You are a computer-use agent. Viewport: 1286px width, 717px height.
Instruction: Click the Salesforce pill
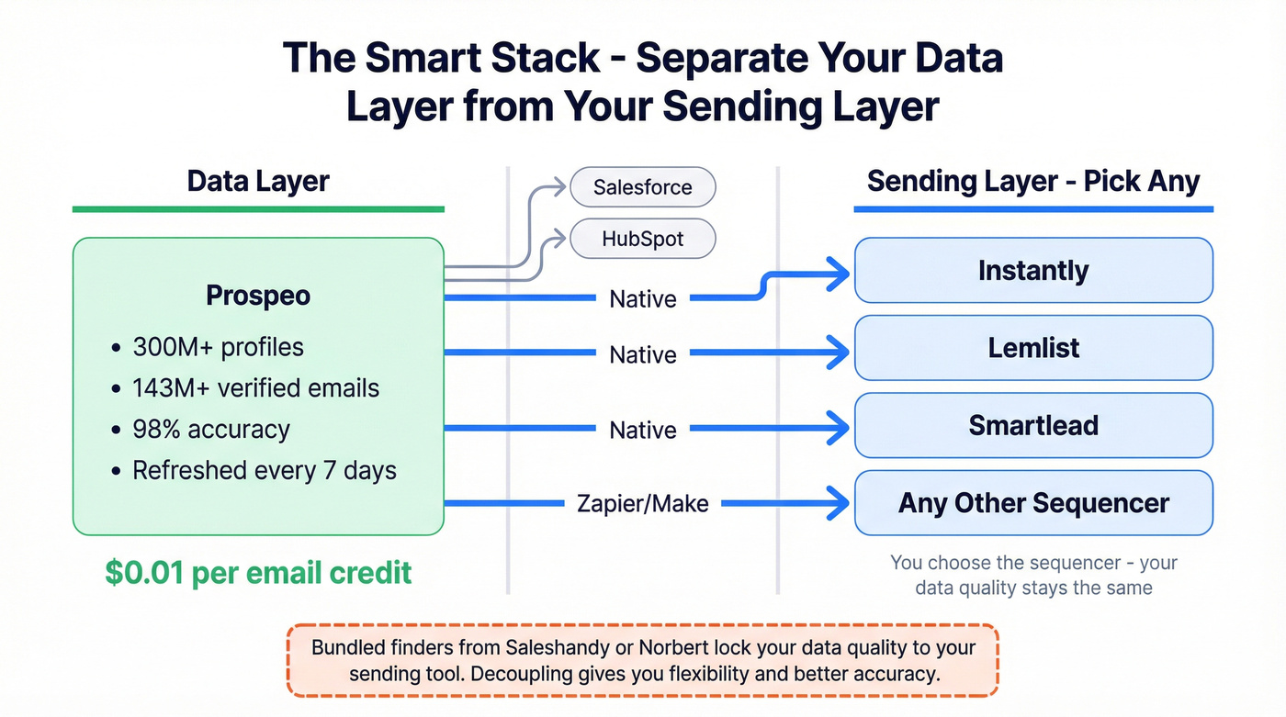pyautogui.click(x=642, y=187)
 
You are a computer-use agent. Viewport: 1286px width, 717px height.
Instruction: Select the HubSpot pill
pyautogui.click(x=642, y=240)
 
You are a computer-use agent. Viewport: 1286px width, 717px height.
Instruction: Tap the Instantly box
pyautogui.click(x=1033, y=271)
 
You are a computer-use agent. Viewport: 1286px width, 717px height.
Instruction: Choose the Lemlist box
pyautogui.click(x=1033, y=348)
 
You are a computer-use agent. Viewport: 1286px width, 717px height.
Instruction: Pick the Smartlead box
pyautogui.click(x=1033, y=425)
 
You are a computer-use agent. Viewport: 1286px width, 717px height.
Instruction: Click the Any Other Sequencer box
pyautogui.click(x=1033, y=503)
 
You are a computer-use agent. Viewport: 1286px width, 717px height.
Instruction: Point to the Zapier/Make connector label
pyautogui.click(x=642, y=503)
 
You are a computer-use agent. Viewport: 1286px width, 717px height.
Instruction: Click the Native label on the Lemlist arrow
pyautogui.click(x=642, y=354)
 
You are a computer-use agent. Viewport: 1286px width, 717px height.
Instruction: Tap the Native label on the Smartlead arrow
pyautogui.click(x=642, y=430)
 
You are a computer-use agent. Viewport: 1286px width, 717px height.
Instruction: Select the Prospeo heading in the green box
pyautogui.click(x=258, y=296)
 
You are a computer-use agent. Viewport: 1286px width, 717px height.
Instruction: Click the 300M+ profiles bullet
pyautogui.click(x=218, y=347)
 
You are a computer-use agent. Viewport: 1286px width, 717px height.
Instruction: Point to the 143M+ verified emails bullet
pyautogui.click(x=255, y=387)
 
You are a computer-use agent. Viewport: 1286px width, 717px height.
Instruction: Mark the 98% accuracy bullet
pyautogui.click(x=211, y=429)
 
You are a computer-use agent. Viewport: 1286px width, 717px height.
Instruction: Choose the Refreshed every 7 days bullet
pyautogui.click(x=264, y=470)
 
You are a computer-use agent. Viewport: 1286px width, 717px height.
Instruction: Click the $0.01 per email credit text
pyautogui.click(x=258, y=573)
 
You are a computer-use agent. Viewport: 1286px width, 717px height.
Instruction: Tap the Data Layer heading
pyautogui.click(x=258, y=181)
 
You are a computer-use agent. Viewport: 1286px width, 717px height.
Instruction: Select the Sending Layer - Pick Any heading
pyautogui.click(x=1033, y=181)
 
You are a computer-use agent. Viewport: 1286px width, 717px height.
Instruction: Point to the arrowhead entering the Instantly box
pyautogui.click(x=838, y=271)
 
